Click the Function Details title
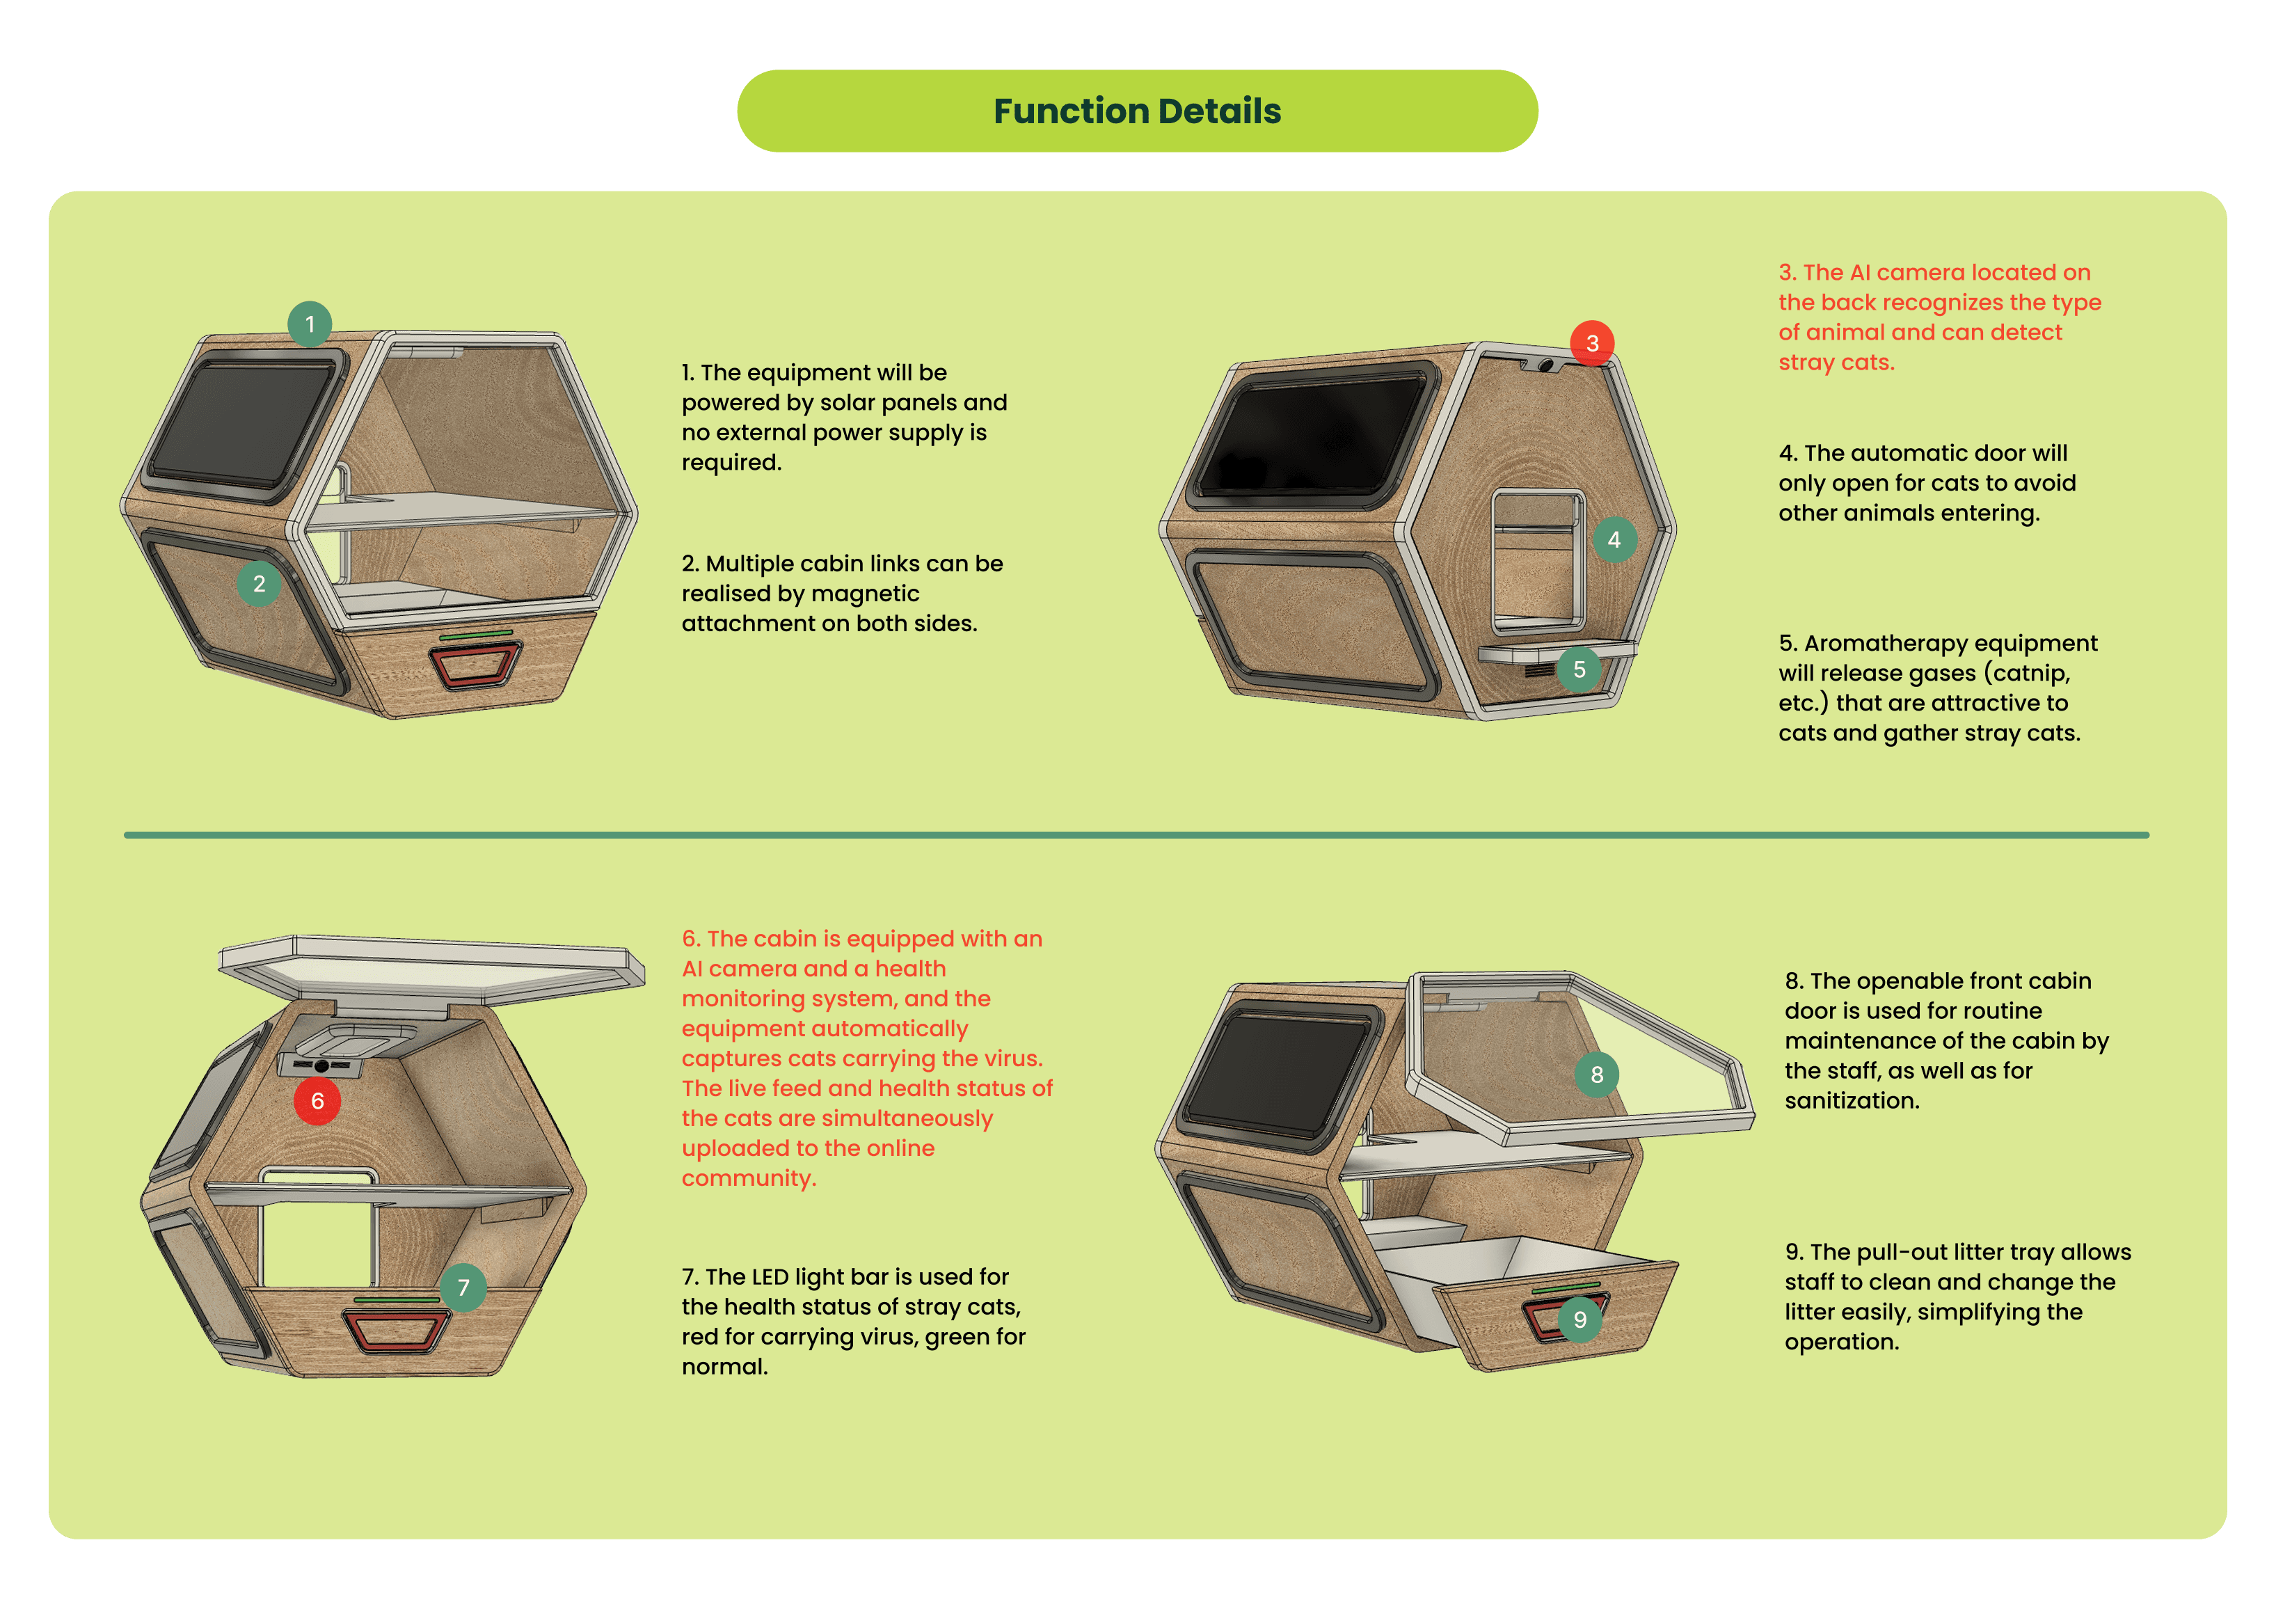(x=1137, y=111)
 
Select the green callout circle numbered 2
(x=259, y=584)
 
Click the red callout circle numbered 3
(x=1592, y=343)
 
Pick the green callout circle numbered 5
(x=1579, y=669)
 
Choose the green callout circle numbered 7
(x=463, y=1287)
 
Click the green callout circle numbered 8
(x=1596, y=1075)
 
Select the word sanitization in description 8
(x=1852, y=1100)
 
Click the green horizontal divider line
(x=1136, y=834)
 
